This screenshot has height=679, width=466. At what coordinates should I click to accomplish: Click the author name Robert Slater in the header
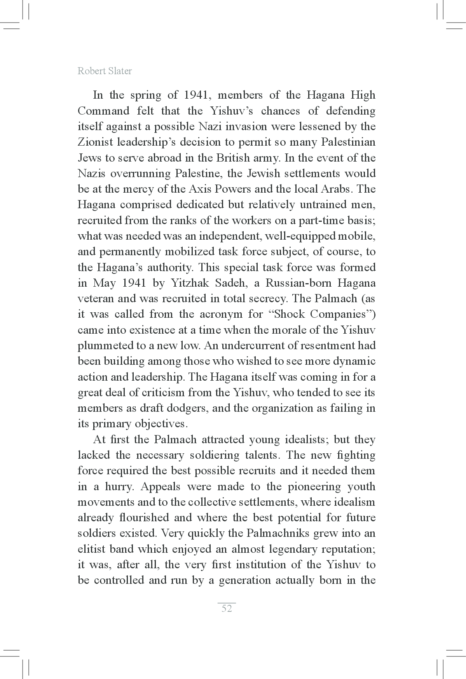(x=105, y=71)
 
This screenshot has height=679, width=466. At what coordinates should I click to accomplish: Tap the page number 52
(x=227, y=609)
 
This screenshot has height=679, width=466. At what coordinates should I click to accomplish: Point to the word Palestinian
(x=348, y=142)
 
